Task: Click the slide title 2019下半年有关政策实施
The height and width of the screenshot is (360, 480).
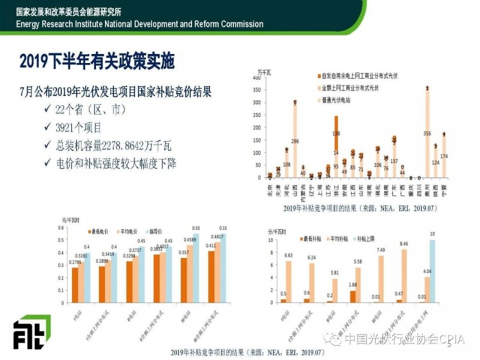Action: point(97,61)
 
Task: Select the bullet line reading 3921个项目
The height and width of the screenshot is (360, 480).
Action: point(79,127)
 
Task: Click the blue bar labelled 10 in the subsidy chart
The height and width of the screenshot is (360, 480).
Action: point(431,271)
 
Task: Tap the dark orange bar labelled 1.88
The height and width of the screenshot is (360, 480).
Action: point(353,296)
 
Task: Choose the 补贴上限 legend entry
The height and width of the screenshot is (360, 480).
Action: point(374,232)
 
